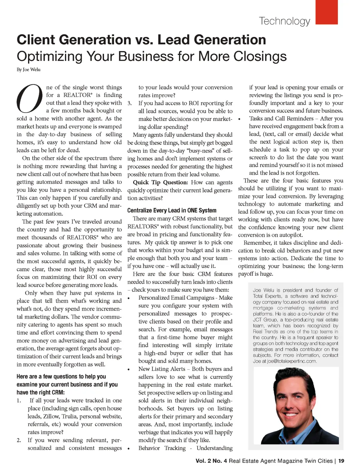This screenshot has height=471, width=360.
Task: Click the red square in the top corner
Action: [x=327, y=12]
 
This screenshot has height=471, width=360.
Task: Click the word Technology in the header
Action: [x=284, y=21]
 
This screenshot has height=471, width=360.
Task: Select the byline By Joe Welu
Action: [x=28, y=70]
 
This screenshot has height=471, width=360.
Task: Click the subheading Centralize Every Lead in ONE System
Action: [x=172, y=210]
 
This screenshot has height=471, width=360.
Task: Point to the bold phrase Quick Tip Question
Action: [x=160, y=182]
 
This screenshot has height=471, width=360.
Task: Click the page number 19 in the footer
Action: [x=341, y=461]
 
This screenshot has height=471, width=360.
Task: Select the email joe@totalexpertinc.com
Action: [x=292, y=361]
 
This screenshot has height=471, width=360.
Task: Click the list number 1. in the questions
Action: [x=19, y=400]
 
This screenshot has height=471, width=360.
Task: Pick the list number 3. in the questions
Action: [x=130, y=103]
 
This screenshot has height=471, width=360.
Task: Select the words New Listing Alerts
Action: [x=162, y=369]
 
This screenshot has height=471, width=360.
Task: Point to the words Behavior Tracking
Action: [x=162, y=448]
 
